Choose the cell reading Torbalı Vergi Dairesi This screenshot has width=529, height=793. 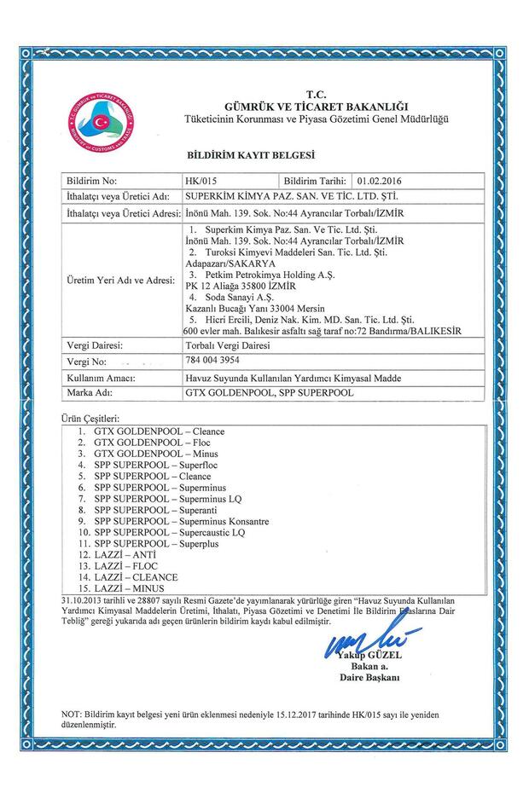(x=226, y=345)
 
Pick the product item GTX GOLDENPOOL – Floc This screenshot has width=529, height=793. (x=148, y=443)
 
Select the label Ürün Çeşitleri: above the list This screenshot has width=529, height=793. (x=91, y=420)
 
